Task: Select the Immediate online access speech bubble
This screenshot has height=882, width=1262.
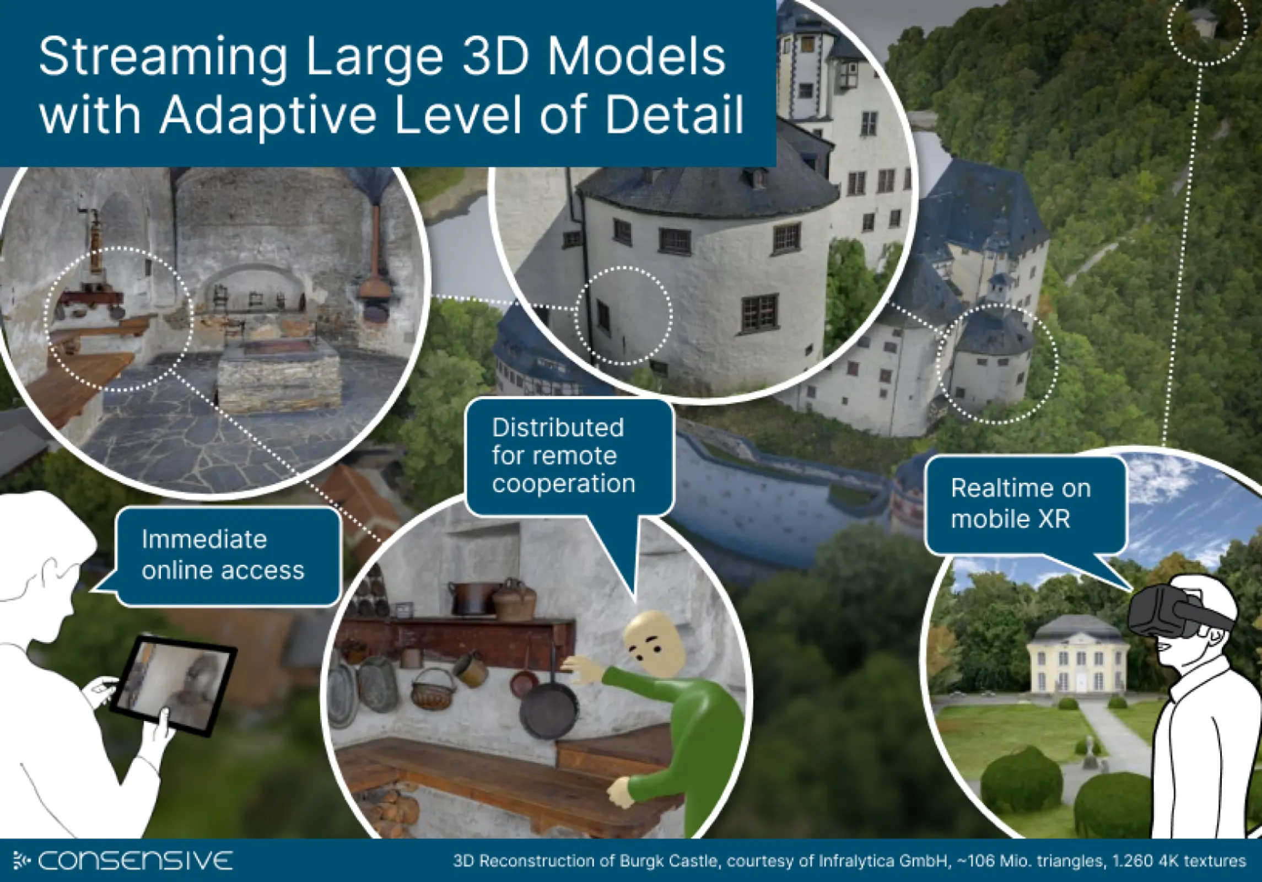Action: (223, 555)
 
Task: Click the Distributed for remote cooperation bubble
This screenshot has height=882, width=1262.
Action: (564, 455)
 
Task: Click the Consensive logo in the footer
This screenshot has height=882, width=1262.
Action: (123, 861)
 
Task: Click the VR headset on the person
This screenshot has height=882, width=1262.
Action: (1168, 612)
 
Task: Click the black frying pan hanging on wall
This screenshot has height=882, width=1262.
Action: (549, 711)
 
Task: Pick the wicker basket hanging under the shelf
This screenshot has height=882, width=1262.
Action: (434, 689)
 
